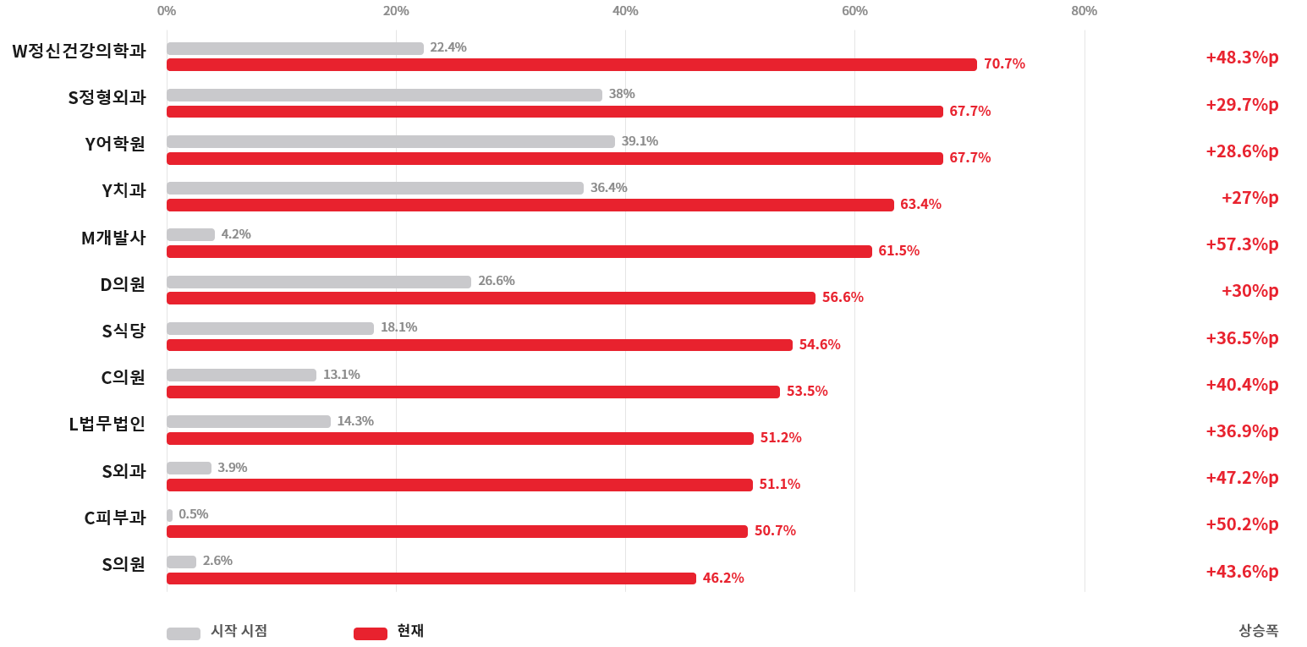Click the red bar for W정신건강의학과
(x=572, y=64)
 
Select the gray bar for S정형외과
(x=385, y=95)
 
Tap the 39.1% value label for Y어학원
(x=640, y=141)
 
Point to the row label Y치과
(x=124, y=190)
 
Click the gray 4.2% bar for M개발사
(x=191, y=234)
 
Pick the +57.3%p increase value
(x=1242, y=244)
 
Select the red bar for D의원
(x=491, y=298)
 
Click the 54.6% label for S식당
(x=820, y=344)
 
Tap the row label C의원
(x=124, y=377)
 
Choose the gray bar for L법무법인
(x=249, y=421)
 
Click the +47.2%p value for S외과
(x=1242, y=478)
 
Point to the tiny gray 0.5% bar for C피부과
(x=170, y=515)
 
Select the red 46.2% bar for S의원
(x=431, y=578)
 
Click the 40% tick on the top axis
(x=625, y=11)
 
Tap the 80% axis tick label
(x=1085, y=11)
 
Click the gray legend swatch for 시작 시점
(x=184, y=633)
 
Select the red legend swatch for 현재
(x=371, y=633)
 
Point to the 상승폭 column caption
(x=1259, y=631)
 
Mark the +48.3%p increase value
(x=1242, y=58)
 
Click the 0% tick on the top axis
(x=167, y=11)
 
